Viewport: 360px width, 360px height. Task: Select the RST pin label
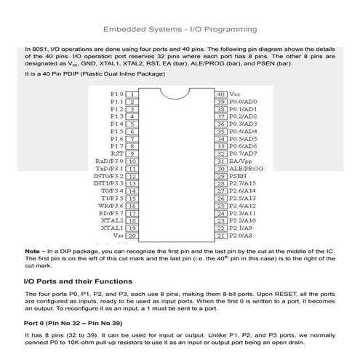pyautogui.click(x=116, y=154)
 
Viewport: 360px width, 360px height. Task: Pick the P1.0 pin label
pyautogui.click(x=117, y=95)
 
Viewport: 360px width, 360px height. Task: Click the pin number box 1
pyautogui.click(x=133, y=95)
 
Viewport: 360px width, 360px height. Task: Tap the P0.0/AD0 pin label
pyautogui.click(x=244, y=103)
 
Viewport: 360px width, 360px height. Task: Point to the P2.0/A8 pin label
pyautogui.click(x=242, y=236)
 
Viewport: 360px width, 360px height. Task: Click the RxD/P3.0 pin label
pyautogui.click(x=109, y=162)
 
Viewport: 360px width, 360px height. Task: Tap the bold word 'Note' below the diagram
pyautogui.click(x=32, y=251)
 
